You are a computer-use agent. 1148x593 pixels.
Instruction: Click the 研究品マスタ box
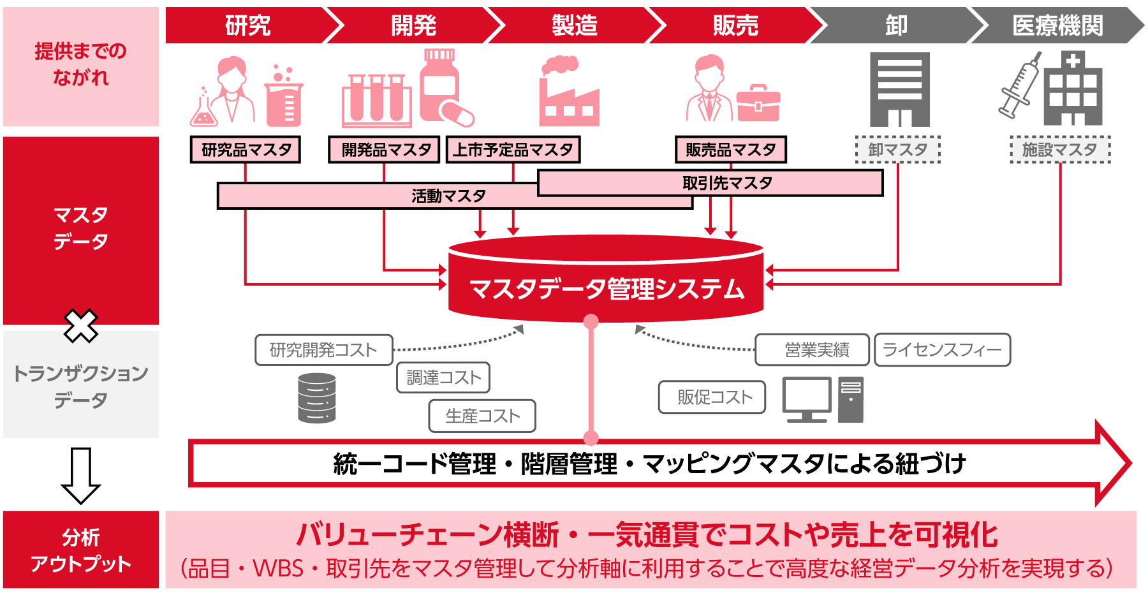246,150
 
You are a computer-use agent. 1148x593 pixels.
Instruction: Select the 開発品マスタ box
384,150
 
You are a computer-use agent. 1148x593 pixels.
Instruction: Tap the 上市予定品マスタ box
513,150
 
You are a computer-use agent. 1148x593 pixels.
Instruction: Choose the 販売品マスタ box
731,150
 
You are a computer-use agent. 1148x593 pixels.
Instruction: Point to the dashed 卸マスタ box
897,150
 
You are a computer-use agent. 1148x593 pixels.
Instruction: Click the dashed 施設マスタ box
1060,150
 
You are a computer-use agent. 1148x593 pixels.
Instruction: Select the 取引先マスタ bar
727,183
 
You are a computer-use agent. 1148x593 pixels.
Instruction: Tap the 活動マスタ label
448,196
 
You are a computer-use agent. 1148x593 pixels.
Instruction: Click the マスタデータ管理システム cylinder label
606,289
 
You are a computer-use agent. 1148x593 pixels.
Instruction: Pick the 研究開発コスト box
323,350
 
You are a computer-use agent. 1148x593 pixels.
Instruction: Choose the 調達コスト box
443,377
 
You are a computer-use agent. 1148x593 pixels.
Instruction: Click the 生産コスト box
482,416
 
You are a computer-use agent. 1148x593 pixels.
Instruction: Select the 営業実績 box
812,350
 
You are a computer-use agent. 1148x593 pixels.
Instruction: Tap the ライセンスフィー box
942,350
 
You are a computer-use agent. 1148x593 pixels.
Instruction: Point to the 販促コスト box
712,397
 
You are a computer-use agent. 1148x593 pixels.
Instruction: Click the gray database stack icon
317,399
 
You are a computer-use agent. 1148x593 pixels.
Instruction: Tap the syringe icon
1019,86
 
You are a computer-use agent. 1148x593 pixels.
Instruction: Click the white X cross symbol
81,326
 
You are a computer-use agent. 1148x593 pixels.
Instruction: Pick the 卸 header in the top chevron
896,26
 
